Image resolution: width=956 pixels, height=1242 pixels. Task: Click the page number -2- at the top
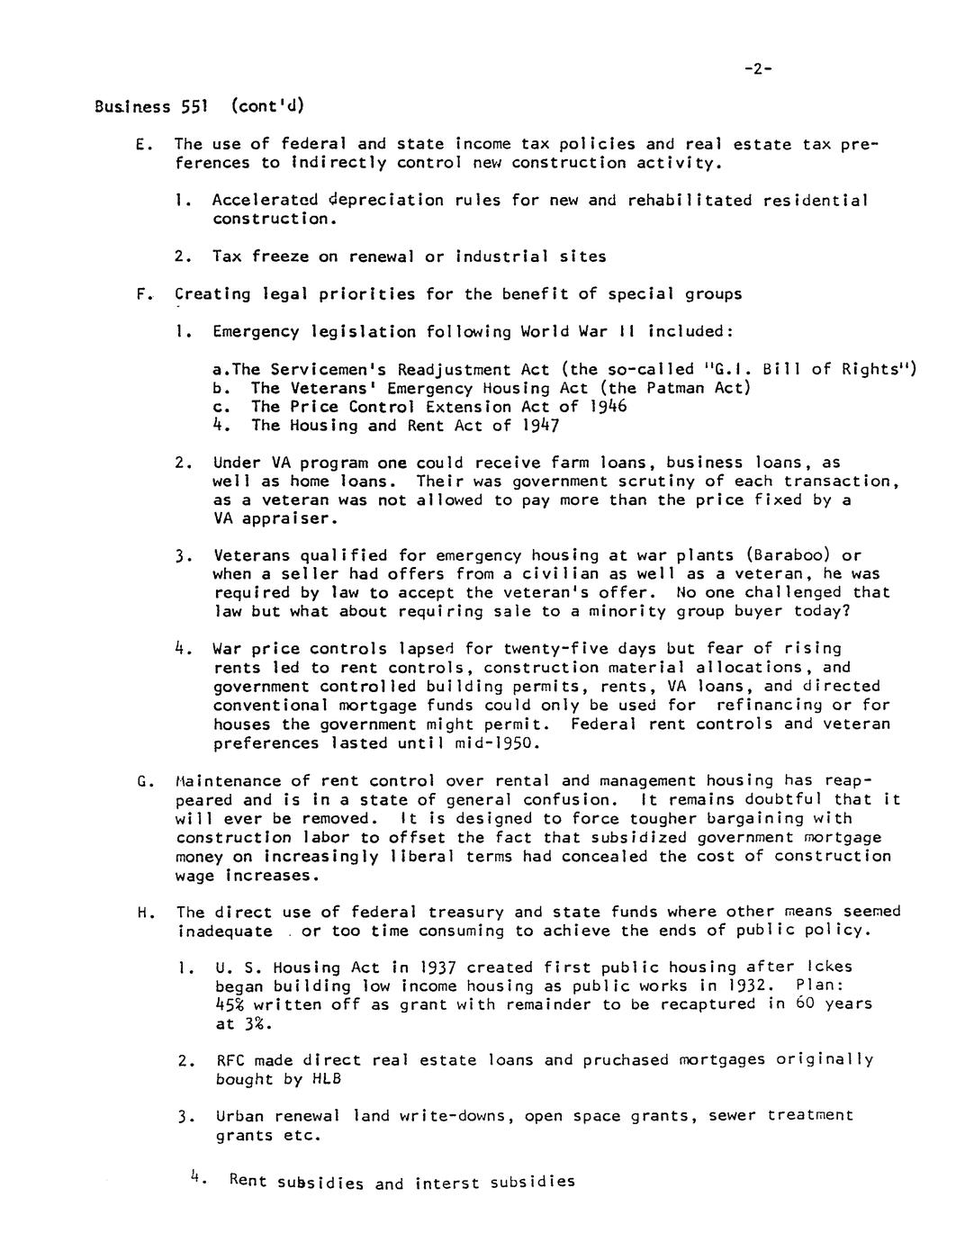tap(759, 69)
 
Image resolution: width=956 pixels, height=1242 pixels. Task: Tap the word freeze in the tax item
tap(280, 256)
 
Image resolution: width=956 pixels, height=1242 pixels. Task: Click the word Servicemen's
tap(338, 369)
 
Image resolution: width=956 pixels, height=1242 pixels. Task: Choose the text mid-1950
tap(507, 743)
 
